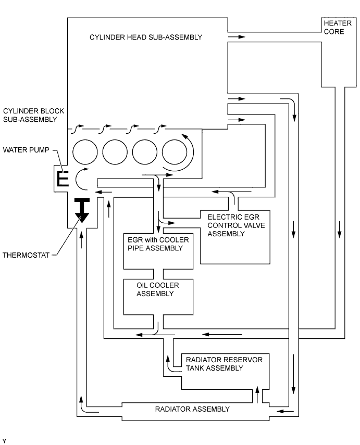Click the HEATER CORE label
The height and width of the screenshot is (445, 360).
coord(334,28)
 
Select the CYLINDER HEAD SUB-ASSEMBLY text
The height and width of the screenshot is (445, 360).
coord(145,37)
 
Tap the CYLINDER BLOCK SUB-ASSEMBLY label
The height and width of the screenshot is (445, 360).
coord(30,116)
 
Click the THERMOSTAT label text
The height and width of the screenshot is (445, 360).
coord(26,255)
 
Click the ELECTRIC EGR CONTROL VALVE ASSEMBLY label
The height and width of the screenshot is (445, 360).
coord(233,225)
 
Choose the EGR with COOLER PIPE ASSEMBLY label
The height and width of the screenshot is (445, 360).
coord(155,244)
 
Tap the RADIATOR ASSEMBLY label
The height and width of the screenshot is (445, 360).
coord(192,409)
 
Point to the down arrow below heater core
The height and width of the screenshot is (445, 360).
coord(340,227)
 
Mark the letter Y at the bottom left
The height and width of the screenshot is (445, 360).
coord(4,441)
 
